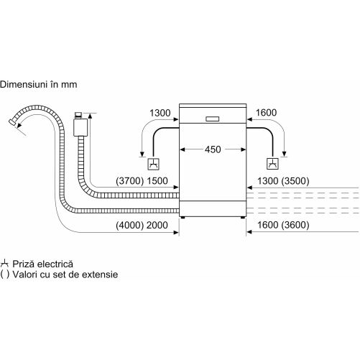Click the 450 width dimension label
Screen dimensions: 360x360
213,149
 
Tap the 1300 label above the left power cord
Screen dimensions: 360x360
160,113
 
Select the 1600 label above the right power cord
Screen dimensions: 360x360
266,113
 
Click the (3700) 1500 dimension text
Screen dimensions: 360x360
142,181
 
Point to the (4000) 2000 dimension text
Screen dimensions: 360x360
142,225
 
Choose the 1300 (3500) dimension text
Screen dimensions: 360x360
283,181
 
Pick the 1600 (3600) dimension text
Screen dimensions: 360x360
283,225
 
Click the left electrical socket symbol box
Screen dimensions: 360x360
153,164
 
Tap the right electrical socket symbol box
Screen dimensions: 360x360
272,164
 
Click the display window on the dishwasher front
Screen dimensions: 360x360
213,119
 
